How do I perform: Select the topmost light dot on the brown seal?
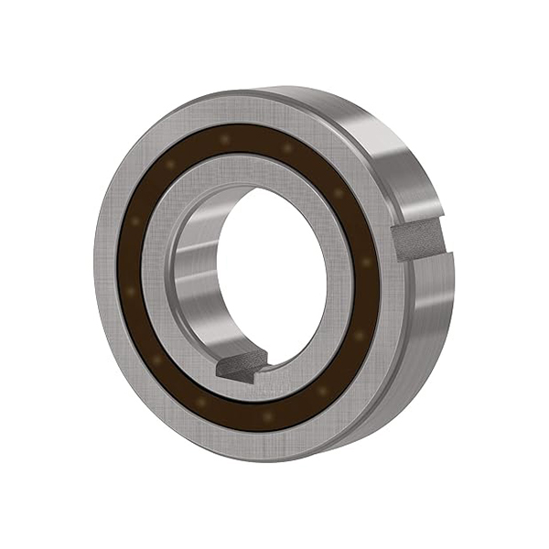coord(224,138)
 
